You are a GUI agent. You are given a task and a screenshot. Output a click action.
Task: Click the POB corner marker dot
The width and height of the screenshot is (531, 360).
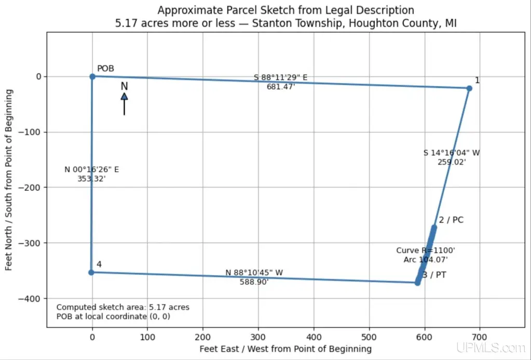[92, 76]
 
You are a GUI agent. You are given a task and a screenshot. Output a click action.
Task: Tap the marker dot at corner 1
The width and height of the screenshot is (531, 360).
[469, 88]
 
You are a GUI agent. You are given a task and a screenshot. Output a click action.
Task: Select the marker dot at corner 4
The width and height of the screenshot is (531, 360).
[91, 272]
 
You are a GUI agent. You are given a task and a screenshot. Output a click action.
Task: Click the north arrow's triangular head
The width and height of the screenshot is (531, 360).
[124, 96]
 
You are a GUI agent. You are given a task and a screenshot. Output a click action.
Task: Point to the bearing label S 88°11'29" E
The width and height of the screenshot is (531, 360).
[281, 77]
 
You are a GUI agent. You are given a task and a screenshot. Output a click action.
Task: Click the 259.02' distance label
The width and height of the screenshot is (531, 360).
[452, 162]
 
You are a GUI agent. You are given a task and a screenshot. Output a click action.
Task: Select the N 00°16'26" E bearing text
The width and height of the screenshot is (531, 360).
[92, 169]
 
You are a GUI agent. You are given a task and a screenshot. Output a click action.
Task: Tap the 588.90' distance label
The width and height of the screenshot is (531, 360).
[254, 282]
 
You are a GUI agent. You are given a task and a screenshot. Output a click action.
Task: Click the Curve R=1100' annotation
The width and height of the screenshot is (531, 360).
[426, 250]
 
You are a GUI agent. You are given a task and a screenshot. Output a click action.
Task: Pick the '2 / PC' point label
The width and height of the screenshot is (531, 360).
[451, 220]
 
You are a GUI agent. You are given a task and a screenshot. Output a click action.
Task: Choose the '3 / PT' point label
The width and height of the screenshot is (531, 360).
[434, 275]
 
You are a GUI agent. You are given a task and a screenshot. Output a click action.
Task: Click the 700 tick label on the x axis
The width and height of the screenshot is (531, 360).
[480, 337]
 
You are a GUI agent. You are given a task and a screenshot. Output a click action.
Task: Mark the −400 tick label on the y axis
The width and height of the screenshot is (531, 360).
[29, 299]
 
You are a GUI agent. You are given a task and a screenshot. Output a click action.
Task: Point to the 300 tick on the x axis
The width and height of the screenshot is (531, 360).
[258, 337]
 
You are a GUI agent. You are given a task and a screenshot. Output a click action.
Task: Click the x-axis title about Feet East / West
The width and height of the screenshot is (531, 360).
[285, 349]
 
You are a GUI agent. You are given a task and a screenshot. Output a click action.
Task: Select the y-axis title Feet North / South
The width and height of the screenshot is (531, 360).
[9, 180]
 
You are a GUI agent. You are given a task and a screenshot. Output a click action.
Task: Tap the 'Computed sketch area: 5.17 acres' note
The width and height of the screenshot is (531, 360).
[123, 307]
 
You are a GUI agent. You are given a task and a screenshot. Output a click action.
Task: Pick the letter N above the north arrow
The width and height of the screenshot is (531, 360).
[124, 86]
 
